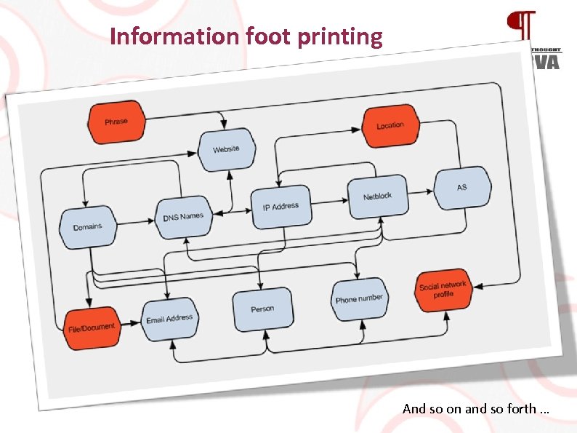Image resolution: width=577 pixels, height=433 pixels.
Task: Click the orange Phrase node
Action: (116, 122)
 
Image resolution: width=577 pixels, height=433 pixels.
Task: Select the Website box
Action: (226, 149)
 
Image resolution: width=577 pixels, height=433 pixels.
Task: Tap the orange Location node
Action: (390, 125)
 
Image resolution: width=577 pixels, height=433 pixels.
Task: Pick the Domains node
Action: (88, 227)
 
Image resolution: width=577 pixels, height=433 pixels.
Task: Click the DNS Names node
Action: (183, 217)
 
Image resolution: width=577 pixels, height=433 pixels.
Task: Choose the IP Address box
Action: (281, 206)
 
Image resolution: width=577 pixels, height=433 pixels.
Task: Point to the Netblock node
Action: (378, 196)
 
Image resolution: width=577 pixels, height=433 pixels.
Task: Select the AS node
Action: (462, 188)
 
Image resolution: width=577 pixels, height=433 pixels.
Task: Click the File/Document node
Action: (92, 327)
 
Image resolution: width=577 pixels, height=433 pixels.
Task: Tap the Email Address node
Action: (169, 319)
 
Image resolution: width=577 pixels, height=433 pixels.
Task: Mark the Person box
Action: (262, 309)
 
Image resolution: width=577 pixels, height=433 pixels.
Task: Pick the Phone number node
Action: (359, 299)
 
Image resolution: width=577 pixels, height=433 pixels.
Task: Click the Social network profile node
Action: (444, 290)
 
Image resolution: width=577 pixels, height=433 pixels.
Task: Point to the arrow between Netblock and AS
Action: (420, 193)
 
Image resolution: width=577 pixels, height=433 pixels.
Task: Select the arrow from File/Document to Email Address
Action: (129, 322)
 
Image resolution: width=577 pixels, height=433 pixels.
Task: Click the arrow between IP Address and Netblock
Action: (329, 201)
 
